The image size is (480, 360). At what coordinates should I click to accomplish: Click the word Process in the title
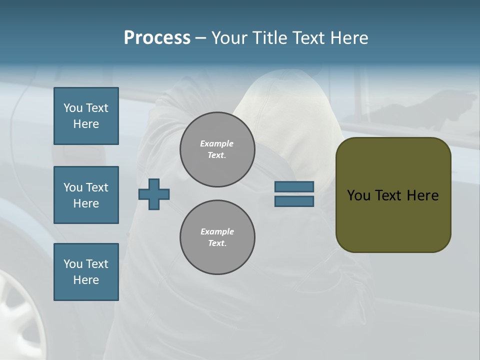coord(157,38)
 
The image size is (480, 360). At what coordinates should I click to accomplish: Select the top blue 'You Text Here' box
coord(86,116)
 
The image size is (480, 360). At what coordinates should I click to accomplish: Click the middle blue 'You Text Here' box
coord(86,195)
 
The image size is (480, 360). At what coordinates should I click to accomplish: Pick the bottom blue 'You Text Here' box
coord(86,272)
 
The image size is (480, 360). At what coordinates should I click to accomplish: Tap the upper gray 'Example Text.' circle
coord(217,149)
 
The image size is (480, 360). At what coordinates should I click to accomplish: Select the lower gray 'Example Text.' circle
coord(217,237)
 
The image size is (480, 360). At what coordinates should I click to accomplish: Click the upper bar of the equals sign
coord(294,187)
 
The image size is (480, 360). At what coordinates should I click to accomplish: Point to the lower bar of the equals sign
coord(294,201)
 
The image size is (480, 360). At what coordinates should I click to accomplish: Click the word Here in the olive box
coord(422,195)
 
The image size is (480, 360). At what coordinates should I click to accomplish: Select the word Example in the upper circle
coord(217,144)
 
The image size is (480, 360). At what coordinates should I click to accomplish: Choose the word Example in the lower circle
coord(217,232)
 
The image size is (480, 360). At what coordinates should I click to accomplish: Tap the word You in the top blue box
coord(72,108)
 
